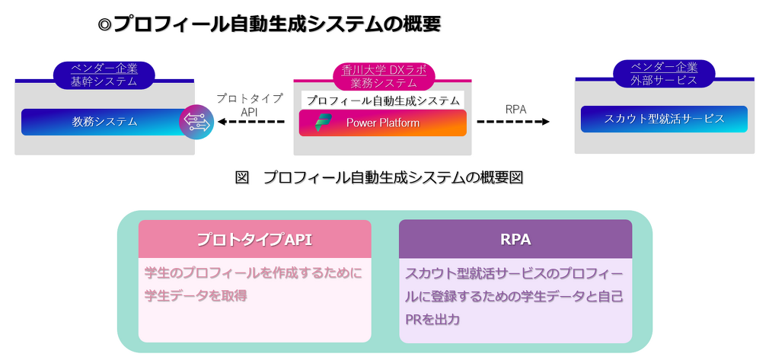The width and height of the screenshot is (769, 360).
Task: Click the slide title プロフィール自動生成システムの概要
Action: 277,24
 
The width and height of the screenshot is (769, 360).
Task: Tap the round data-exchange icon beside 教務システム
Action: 196,122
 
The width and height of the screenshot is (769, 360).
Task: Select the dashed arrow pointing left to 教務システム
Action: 251,122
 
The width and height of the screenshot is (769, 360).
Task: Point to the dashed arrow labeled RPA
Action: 513,122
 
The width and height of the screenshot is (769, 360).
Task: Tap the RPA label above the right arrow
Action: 515,110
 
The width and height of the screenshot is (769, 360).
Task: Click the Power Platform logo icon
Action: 323,122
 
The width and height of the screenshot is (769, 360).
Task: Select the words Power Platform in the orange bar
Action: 382,123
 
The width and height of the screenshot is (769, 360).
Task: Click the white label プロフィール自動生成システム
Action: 382,100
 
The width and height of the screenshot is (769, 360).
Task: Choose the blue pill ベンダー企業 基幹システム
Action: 104,75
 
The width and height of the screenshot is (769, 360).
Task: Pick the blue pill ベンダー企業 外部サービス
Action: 664,74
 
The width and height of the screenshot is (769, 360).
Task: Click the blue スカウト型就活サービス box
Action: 664,119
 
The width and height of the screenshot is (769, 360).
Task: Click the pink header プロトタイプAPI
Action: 254,239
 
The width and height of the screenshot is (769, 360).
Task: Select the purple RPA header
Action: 515,239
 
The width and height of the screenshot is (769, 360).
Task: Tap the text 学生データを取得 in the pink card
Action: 195,296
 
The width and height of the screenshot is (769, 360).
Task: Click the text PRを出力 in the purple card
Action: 432,320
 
